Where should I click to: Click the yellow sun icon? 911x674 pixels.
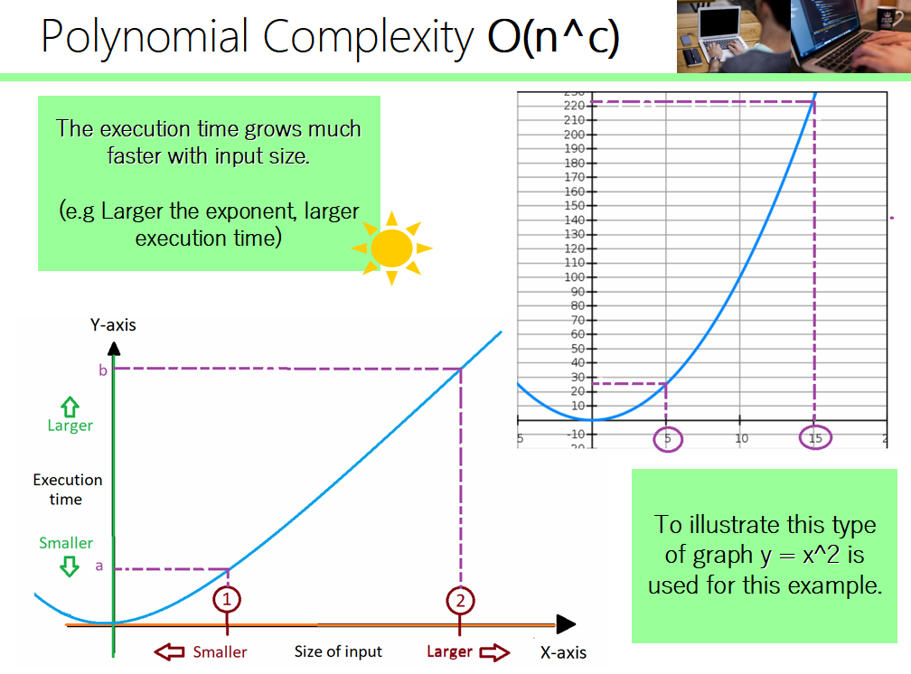tap(391, 248)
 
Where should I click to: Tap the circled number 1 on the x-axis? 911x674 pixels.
tap(227, 598)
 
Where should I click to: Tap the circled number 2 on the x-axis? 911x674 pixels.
tap(461, 598)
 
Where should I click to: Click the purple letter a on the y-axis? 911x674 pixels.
tap(99, 567)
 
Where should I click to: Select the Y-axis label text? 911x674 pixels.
tap(113, 325)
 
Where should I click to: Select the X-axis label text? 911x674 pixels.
tap(563, 652)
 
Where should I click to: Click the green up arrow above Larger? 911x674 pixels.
tap(70, 405)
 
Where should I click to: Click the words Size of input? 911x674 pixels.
tap(338, 651)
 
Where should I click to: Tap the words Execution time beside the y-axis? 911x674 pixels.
tap(68, 489)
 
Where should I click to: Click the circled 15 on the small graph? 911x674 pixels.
tap(815, 438)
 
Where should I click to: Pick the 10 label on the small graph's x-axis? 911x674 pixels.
tap(741, 438)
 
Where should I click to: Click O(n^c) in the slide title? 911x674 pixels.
tap(553, 37)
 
